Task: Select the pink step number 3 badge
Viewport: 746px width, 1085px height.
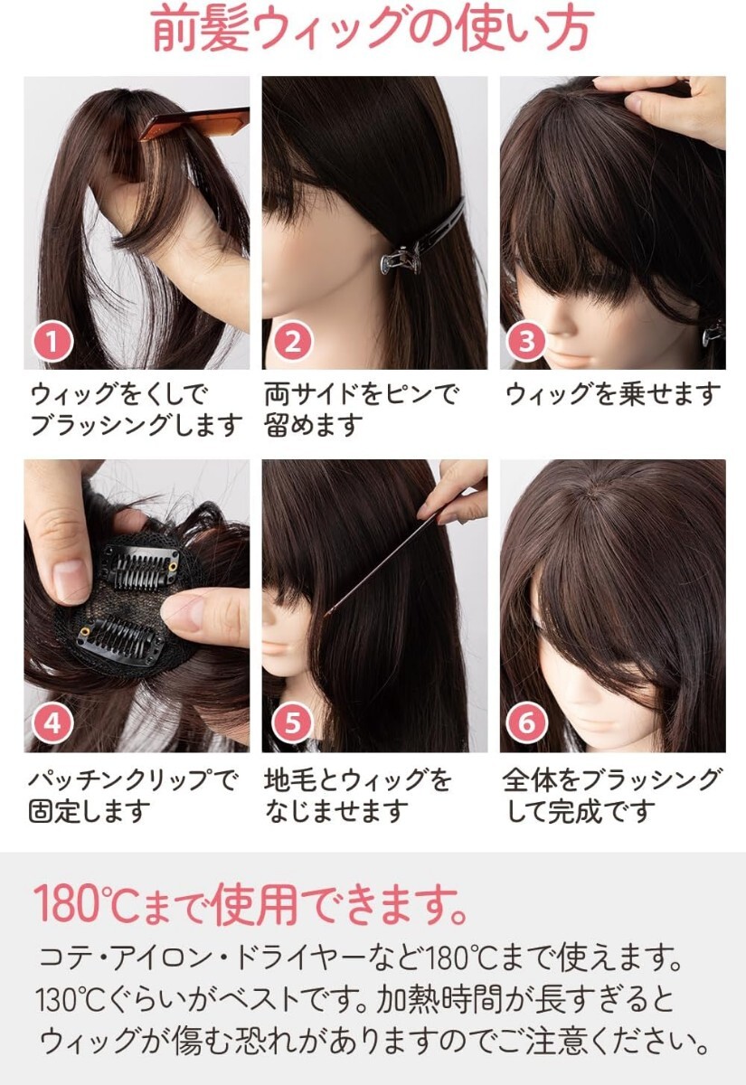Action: pos(526,341)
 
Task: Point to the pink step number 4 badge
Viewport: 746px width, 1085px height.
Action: pos(52,723)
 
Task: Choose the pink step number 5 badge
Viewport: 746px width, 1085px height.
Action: pos(292,723)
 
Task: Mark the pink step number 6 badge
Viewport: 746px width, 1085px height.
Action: pos(526,723)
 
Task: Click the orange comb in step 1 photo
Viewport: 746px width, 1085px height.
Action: pos(194,124)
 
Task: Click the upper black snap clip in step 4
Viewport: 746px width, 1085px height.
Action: pos(140,567)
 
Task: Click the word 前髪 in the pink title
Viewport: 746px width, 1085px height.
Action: pos(201,28)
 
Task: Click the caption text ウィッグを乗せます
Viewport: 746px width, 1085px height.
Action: pos(613,394)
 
